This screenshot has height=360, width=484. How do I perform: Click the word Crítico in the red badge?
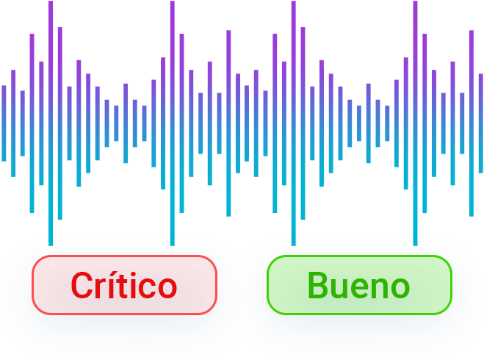pos(124,285)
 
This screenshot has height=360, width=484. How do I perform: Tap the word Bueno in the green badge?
pos(358,285)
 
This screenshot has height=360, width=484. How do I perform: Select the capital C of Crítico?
pos(82,285)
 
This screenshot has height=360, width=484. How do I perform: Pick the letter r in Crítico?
pos(98,288)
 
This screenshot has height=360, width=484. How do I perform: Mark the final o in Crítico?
pos(167,288)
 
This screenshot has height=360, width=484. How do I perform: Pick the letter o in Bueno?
pos(400,288)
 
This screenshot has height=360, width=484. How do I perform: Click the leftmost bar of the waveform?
pos(4,123)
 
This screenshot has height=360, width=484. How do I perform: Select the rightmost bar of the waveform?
pos(480,123)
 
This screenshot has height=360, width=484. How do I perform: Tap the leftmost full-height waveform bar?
pos(51,123)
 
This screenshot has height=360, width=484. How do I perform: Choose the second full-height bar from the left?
pos(173,123)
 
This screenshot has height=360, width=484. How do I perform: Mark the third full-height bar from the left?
pos(294,123)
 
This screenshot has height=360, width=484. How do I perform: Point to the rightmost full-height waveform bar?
pos(415,123)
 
